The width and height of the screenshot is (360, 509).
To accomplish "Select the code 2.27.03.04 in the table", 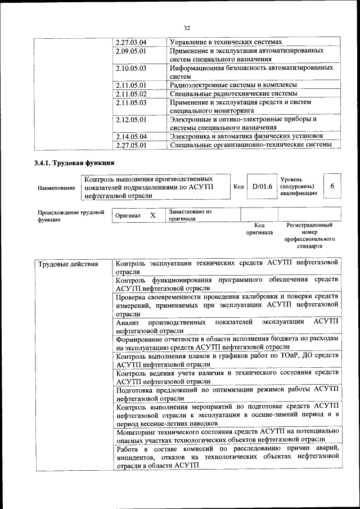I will (x=130, y=42).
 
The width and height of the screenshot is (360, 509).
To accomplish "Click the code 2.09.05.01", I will (x=130, y=51).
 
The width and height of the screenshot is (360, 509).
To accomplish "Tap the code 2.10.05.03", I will (x=130, y=68).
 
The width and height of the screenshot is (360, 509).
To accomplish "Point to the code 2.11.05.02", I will (x=130, y=94).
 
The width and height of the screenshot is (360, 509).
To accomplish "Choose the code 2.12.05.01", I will (x=130, y=119).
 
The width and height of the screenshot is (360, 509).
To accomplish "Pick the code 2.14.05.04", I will (x=130, y=136).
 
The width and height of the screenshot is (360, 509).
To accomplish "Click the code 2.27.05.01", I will (x=130, y=145).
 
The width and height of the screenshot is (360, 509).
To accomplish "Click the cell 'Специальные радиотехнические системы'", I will (x=233, y=94).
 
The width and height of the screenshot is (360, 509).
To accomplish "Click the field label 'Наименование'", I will (x=56, y=187).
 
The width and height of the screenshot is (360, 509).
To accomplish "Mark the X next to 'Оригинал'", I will (x=152, y=215).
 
